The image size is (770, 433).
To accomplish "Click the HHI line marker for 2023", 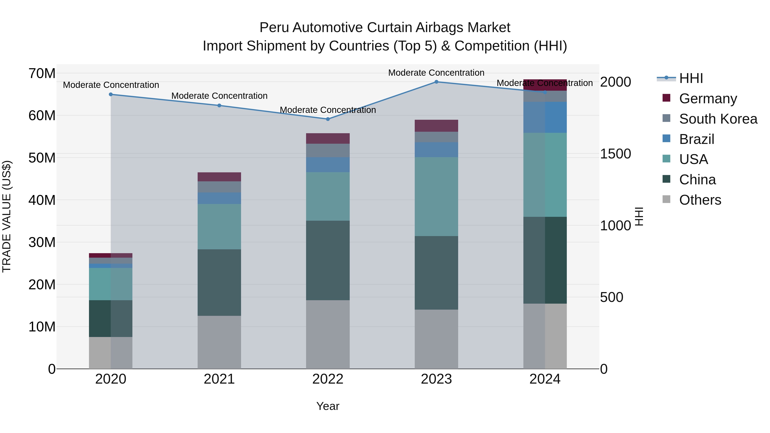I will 436,82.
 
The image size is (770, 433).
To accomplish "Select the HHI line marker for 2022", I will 328,119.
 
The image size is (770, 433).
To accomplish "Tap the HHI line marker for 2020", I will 111,95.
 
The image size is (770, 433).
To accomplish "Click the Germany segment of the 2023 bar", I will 436,126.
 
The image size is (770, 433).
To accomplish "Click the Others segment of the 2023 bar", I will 436,339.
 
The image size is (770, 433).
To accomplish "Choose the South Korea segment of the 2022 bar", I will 328,150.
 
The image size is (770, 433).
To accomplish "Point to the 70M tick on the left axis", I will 42,74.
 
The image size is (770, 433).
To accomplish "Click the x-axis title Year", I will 328,406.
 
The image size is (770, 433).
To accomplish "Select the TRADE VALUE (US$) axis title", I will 7,216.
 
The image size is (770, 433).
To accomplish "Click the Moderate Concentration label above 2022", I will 328,110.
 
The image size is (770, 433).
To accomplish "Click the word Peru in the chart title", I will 274,28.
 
